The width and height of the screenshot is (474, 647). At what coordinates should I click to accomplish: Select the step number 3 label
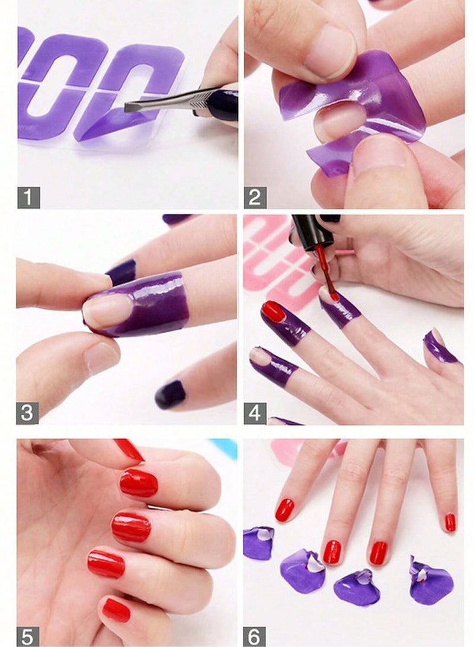coord(28,413)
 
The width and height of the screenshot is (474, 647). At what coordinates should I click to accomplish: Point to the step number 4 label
coord(255,413)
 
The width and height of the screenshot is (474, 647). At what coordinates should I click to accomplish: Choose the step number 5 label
coord(28,636)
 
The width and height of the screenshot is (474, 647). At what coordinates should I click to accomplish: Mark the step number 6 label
coord(255,636)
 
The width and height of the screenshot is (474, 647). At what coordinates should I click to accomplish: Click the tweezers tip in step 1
coord(130,107)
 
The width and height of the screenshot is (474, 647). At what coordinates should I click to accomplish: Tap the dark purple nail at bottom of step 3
coord(170,394)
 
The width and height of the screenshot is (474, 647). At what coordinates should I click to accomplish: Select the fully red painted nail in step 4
coord(273,311)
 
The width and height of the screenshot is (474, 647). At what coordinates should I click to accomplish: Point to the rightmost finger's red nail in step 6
coord(450,522)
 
